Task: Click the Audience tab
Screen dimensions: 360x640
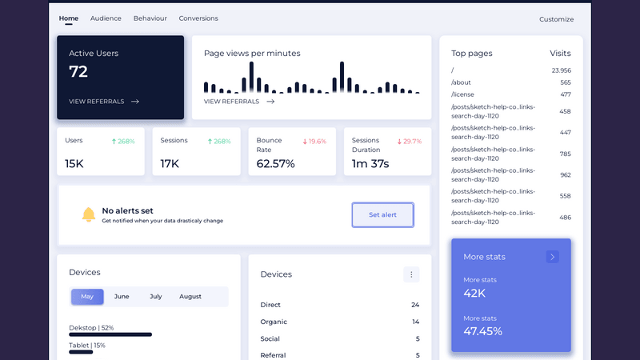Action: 106,18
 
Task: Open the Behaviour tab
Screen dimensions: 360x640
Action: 150,18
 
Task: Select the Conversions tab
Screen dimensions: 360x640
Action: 198,18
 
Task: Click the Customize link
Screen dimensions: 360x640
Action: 556,19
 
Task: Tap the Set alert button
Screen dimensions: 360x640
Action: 382,215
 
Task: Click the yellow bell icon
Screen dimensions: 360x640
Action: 89,214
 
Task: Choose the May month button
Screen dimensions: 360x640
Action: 87,297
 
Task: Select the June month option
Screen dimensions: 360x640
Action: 122,297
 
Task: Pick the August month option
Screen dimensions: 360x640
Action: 190,297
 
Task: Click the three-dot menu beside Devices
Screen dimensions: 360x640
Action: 411,274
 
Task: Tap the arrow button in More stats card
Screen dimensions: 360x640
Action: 553,257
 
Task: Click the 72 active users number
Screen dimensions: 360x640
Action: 78,72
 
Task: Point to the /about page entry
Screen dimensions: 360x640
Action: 461,82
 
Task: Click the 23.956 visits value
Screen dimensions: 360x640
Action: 561,70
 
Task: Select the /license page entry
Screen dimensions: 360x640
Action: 462,94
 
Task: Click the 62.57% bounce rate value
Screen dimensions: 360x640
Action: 275,164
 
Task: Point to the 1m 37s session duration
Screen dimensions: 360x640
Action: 370,164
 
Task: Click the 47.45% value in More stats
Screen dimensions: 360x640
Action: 483,331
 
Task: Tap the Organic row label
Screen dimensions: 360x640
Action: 274,322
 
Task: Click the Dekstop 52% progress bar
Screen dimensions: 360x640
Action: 110,334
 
